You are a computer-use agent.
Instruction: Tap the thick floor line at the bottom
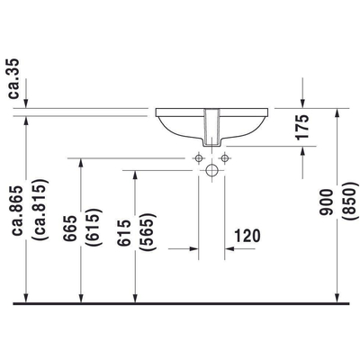click(x=180, y=305)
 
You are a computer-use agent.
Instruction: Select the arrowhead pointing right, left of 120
click(x=192, y=246)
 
